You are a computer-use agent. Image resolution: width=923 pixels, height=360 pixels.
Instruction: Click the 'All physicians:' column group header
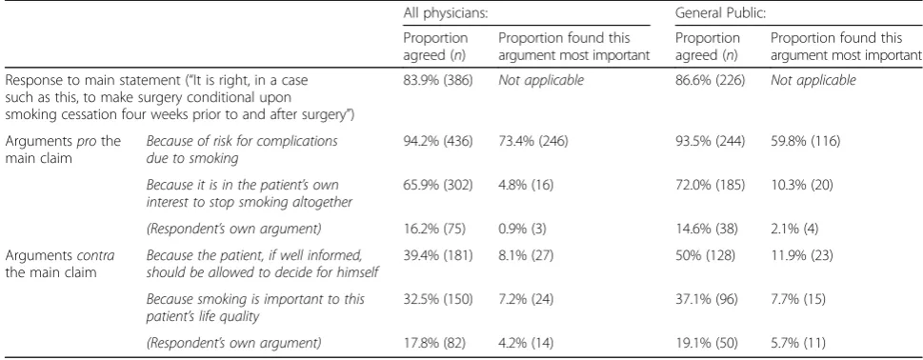click(446, 13)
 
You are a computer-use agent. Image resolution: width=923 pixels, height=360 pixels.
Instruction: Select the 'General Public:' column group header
click(720, 13)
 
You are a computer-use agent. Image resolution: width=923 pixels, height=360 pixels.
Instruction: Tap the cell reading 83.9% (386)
click(438, 81)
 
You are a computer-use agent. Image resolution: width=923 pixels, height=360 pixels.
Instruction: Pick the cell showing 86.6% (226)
click(710, 81)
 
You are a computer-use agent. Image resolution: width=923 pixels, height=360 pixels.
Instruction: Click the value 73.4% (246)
click(533, 142)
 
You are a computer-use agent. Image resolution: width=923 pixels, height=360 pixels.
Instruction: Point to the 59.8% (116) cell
click(805, 142)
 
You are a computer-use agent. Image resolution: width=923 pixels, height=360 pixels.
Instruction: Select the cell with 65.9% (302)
click(438, 187)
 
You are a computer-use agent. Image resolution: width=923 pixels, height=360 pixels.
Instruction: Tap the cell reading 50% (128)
click(706, 257)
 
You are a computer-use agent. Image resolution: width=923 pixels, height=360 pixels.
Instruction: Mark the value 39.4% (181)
click(437, 257)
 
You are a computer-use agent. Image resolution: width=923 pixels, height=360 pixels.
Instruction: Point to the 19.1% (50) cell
click(707, 342)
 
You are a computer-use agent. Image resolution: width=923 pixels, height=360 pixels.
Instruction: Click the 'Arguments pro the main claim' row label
click(63, 150)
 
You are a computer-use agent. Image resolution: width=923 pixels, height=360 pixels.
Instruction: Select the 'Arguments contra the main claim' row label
click(59, 264)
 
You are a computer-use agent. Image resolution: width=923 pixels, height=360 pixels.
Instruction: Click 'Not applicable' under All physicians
click(541, 81)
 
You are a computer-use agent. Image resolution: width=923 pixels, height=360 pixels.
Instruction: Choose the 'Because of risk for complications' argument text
click(242, 142)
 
